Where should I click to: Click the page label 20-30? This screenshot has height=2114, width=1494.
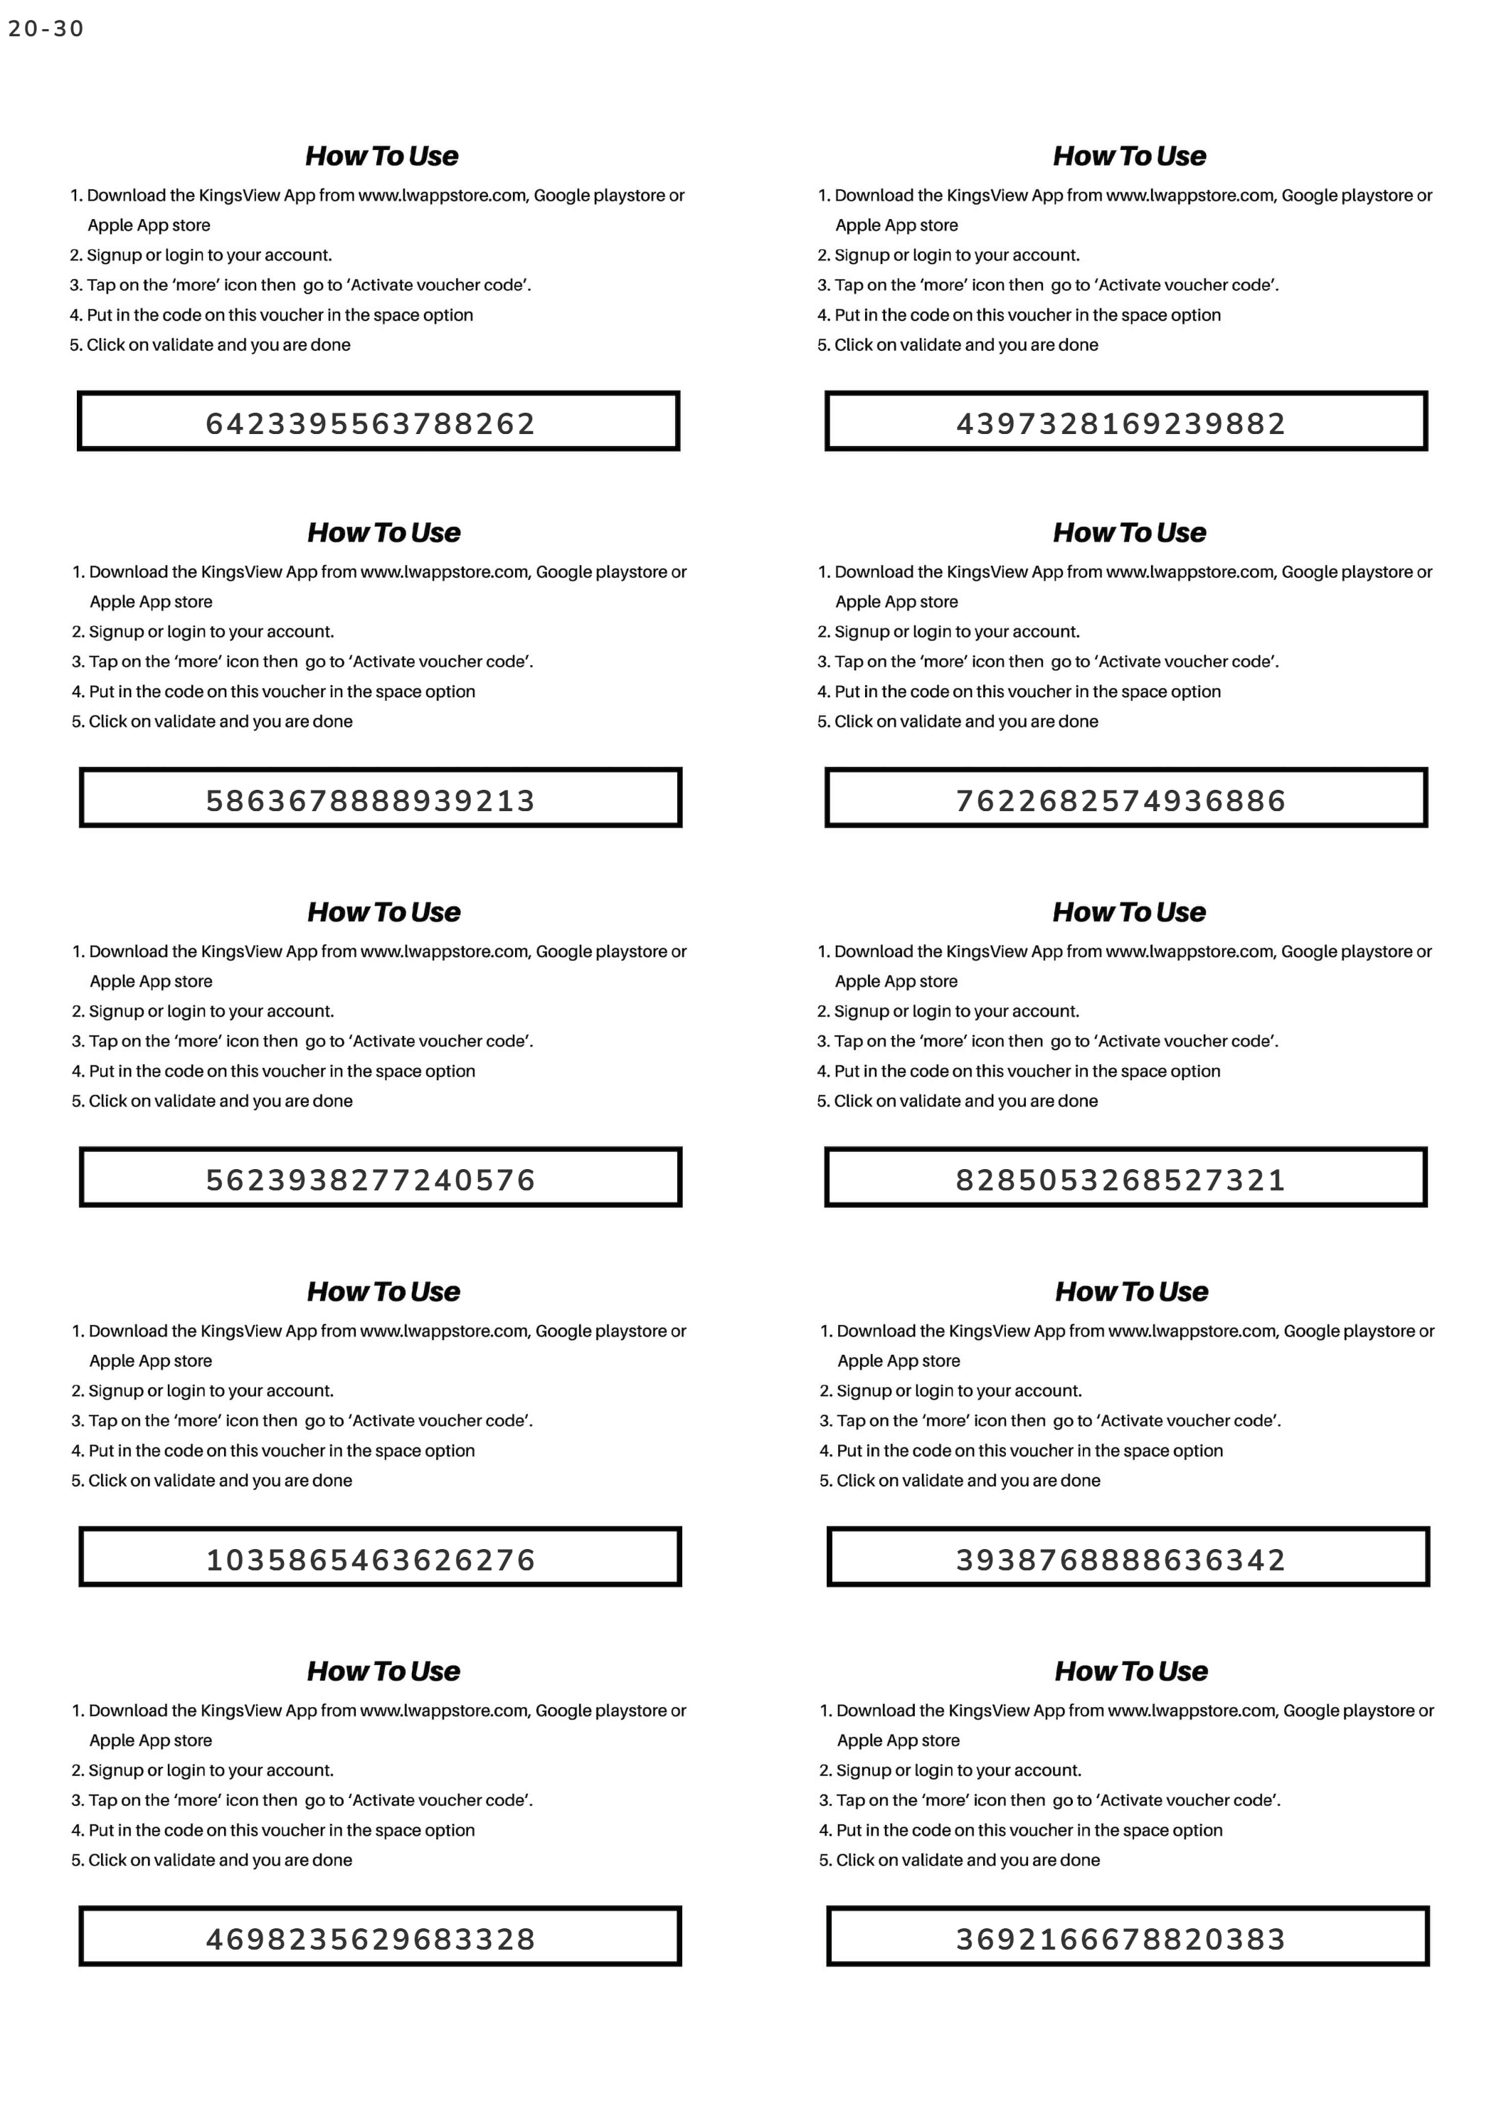pyautogui.click(x=46, y=29)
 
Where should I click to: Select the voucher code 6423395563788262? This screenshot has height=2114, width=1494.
pyautogui.click(x=370, y=423)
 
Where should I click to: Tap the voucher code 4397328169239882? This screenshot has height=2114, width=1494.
pyautogui.click(x=1120, y=423)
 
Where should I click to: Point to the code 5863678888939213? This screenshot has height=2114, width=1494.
pyautogui.click(x=370, y=800)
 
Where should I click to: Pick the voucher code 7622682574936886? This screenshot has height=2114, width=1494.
pyautogui.click(x=1120, y=800)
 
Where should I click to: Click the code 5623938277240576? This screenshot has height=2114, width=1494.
pyautogui.click(x=370, y=1180)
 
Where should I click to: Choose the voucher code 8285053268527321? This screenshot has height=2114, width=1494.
pyautogui.click(x=1120, y=1180)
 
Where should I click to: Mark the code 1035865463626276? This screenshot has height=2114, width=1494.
pyautogui.click(x=370, y=1560)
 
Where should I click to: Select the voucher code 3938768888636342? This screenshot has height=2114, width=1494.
pyautogui.click(x=1120, y=1560)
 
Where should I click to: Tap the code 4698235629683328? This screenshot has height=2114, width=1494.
pyautogui.click(x=370, y=1939)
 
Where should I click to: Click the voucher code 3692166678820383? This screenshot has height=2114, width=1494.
pyautogui.click(x=1120, y=1939)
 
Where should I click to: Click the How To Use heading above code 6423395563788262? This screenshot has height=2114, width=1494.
pyautogui.click(x=381, y=157)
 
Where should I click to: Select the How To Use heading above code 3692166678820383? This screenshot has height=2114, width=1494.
pyautogui.click(x=1131, y=1671)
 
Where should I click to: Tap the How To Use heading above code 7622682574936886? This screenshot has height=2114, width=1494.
pyautogui.click(x=1130, y=533)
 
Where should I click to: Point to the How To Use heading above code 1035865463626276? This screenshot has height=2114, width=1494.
pyautogui.click(x=384, y=1291)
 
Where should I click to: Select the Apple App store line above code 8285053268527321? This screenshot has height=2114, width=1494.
pyautogui.click(x=896, y=981)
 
